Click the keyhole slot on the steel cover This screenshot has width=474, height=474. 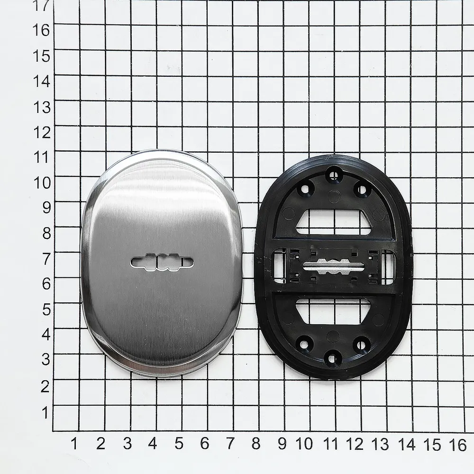tap(162, 262)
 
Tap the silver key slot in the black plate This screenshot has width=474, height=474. tap(333, 266)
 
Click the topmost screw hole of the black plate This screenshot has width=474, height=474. tap(334, 175)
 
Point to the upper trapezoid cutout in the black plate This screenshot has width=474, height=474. tap(333, 222)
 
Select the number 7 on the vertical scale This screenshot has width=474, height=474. tap(46, 259)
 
